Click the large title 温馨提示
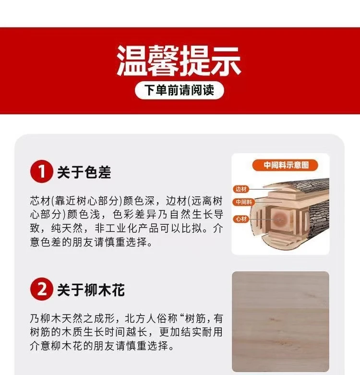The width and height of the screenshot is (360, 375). (179, 61)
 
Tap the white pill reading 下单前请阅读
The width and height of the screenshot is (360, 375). (180, 90)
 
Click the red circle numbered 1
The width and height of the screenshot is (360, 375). (42, 171)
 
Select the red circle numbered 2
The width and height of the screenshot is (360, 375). (42, 289)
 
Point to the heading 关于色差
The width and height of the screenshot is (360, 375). (84, 172)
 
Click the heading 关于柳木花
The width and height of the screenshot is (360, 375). (91, 290)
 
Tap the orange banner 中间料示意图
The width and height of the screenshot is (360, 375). (285, 165)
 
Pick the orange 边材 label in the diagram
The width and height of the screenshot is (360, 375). (241, 189)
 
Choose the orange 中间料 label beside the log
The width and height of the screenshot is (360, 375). (244, 202)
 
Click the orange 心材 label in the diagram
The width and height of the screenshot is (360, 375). (241, 219)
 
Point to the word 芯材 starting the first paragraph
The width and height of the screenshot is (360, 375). (40, 201)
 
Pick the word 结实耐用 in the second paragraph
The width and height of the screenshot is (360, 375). (202, 332)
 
